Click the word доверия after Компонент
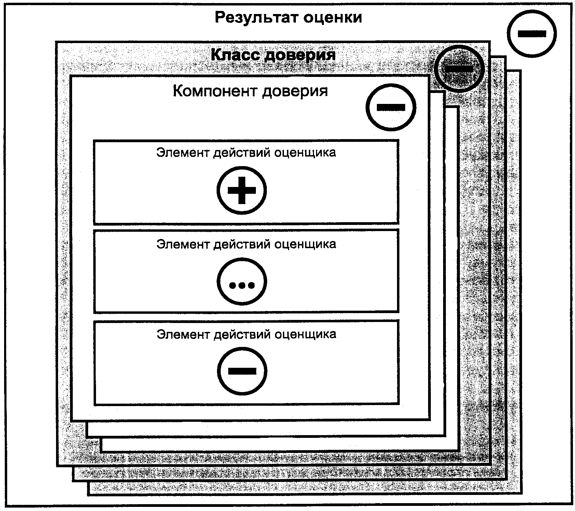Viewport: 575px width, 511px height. click(x=295, y=92)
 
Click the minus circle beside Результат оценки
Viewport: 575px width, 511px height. click(x=532, y=33)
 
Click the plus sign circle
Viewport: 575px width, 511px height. click(x=242, y=190)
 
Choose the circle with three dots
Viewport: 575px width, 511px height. click(x=242, y=282)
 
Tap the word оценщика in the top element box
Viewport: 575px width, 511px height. click(x=305, y=153)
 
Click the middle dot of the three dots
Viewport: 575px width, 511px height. click(x=242, y=285)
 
